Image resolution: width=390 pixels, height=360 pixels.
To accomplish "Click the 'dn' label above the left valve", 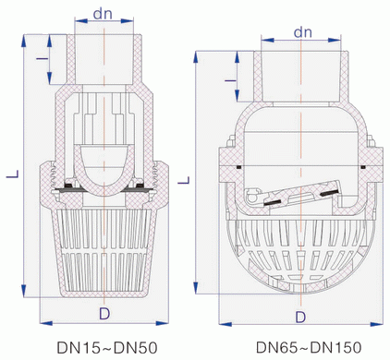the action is click(x=103, y=13).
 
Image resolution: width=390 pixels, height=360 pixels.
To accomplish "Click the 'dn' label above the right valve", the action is click(x=303, y=31).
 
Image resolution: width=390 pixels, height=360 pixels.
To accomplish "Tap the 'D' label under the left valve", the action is click(x=104, y=314).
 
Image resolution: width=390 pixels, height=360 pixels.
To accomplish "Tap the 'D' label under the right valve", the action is click(x=300, y=317).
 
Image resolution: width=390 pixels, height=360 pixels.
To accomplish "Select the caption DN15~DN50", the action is click(x=107, y=348).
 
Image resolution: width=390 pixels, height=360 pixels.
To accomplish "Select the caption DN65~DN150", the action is click(x=309, y=347).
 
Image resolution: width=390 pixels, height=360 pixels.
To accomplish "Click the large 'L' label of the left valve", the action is click(x=13, y=174).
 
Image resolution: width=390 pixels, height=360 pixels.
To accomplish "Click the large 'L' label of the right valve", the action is click(x=184, y=180).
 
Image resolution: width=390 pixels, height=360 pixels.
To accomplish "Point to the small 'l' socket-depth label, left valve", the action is click(x=42, y=58).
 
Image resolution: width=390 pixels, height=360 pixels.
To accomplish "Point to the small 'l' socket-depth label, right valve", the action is click(x=230, y=80).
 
